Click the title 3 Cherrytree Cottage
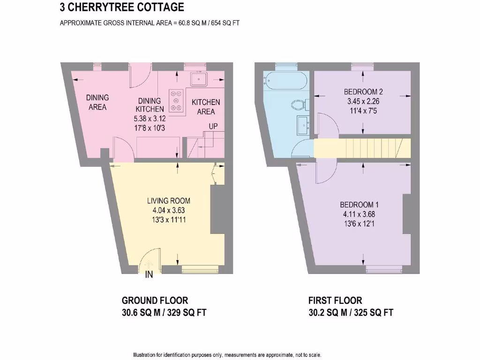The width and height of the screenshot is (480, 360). [x=122, y=7]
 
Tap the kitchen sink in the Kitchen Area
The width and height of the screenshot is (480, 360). [x=199, y=79]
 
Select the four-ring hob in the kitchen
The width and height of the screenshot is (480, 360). [x=177, y=101]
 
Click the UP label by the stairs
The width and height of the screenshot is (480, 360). [x=214, y=127]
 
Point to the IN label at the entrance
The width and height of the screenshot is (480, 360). [x=149, y=275]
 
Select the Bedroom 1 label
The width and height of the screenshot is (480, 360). [x=359, y=205]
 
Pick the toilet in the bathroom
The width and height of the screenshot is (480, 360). [x=298, y=104]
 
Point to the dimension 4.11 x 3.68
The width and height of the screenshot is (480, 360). [x=359, y=215]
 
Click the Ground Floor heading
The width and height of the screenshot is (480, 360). [x=155, y=300]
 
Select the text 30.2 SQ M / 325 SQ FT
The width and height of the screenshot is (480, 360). [x=350, y=313]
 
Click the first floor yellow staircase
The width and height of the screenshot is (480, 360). [x=362, y=148]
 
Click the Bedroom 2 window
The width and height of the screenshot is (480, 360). [x=361, y=67]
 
